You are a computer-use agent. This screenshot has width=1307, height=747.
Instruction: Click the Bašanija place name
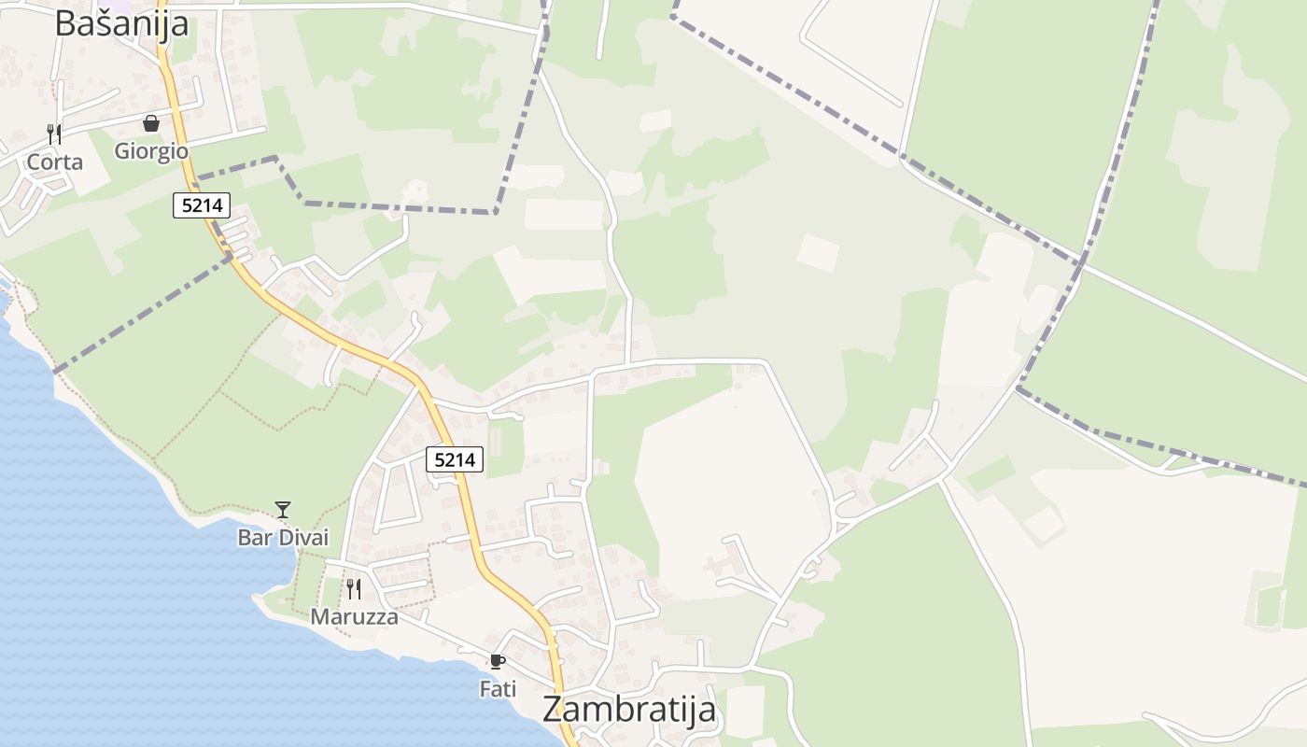[121, 22]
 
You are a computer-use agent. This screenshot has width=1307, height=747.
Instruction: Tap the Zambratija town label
[629, 709]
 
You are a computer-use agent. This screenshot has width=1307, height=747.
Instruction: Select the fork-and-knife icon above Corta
[54, 134]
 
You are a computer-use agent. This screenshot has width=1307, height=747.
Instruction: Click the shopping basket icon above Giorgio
[151, 123]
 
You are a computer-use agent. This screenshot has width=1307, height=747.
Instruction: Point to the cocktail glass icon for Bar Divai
[283, 510]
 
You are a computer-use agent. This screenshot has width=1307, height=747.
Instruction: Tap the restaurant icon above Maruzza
[354, 588]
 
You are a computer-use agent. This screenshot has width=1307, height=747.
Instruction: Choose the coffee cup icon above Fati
[498, 661]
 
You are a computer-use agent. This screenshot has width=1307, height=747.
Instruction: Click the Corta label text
[54, 162]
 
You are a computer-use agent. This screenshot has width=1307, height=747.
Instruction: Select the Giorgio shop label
[151, 150]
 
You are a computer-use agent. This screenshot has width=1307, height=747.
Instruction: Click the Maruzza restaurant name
[354, 616]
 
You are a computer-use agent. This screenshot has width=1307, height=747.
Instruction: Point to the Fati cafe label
[498, 689]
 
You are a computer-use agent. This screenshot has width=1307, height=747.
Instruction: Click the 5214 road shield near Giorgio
[202, 205]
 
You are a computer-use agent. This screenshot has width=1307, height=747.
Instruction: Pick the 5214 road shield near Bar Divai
[455, 459]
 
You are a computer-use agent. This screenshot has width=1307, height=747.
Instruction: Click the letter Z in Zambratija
[553, 709]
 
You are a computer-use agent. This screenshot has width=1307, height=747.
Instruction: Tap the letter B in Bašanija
[65, 22]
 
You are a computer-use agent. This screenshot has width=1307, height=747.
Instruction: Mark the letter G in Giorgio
[122, 150]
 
